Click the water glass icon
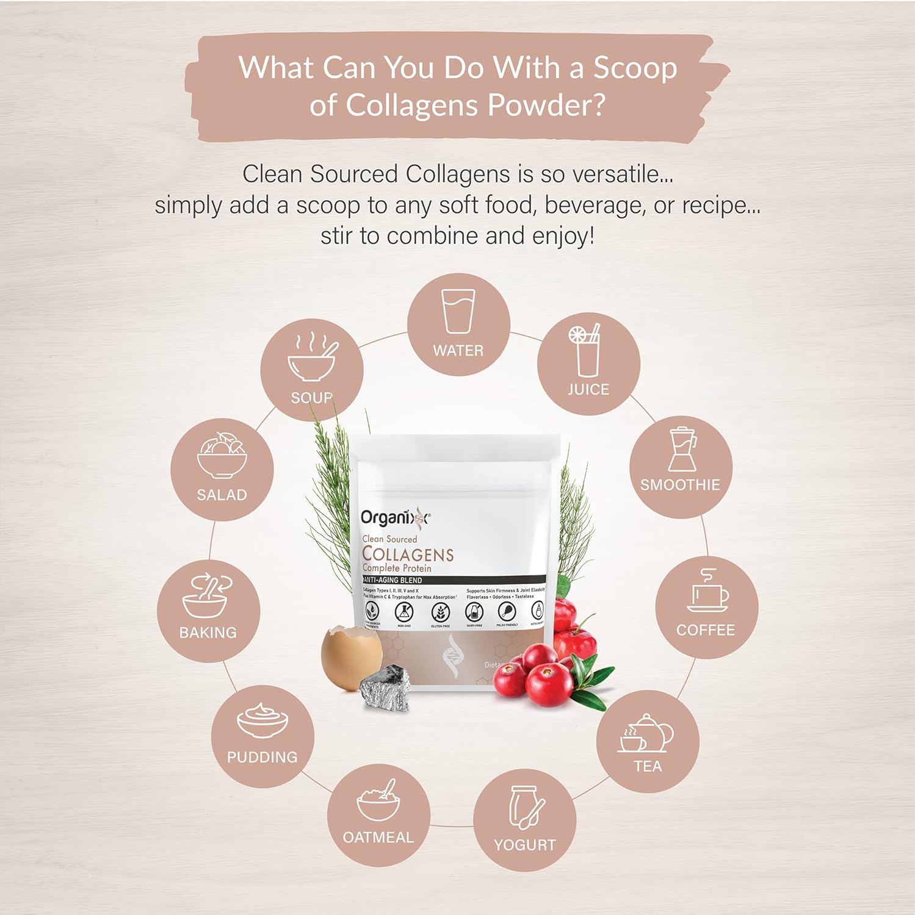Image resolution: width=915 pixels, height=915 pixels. [458, 311]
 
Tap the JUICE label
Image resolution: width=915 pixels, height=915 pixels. [588, 389]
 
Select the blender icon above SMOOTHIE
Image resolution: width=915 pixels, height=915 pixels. [682, 450]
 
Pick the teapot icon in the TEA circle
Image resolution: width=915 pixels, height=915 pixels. [648, 733]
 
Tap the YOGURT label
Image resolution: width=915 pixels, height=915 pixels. [524, 845]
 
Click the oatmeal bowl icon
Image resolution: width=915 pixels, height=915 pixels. [378, 800]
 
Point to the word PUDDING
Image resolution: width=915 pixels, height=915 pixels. [262, 757]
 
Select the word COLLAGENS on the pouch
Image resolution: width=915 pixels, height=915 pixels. [408, 554]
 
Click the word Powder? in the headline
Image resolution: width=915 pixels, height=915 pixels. [546, 106]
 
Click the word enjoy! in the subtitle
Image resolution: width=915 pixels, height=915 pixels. [563, 236]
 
